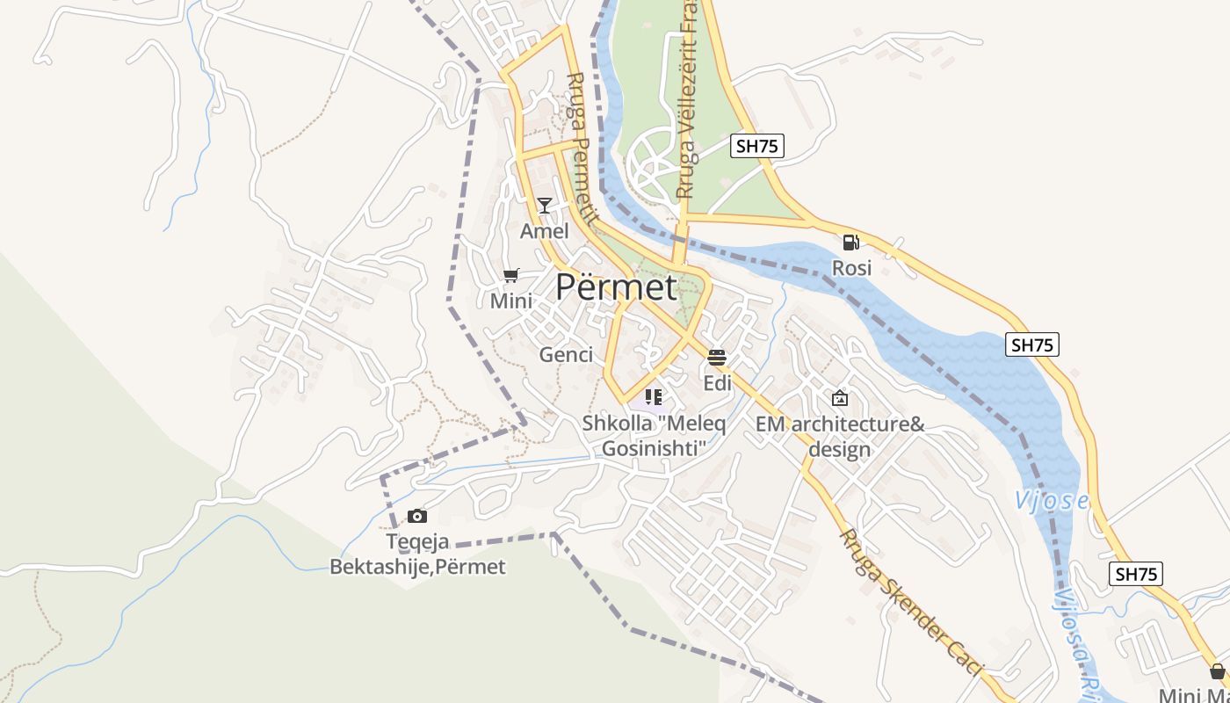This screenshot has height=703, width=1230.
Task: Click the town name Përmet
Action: (x=617, y=287)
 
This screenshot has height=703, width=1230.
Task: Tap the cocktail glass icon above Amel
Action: (x=545, y=206)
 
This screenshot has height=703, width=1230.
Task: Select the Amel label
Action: (x=545, y=231)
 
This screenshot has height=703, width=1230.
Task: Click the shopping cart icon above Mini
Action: (x=511, y=276)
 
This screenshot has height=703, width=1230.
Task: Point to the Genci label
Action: (x=566, y=355)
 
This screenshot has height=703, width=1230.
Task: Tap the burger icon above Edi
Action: (x=717, y=358)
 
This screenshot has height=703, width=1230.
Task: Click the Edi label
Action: (x=717, y=383)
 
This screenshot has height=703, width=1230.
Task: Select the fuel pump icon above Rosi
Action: (x=850, y=242)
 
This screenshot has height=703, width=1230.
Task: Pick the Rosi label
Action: (x=851, y=267)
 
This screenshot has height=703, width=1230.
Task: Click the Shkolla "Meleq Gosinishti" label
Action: (x=654, y=436)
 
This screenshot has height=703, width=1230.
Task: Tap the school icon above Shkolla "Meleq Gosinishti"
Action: (x=654, y=397)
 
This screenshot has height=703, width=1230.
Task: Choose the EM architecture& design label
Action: (x=840, y=437)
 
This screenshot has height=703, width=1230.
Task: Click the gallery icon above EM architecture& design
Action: (x=840, y=398)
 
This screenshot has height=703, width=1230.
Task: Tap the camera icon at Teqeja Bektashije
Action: (x=417, y=516)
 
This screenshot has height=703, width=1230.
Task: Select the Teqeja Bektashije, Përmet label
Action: (x=417, y=554)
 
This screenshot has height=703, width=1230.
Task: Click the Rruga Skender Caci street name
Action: (x=910, y=603)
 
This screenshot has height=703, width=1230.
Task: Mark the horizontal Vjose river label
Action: (x=1052, y=501)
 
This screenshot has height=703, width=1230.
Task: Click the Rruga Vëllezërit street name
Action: (x=686, y=101)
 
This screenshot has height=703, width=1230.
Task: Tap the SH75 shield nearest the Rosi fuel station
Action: (x=756, y=146)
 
